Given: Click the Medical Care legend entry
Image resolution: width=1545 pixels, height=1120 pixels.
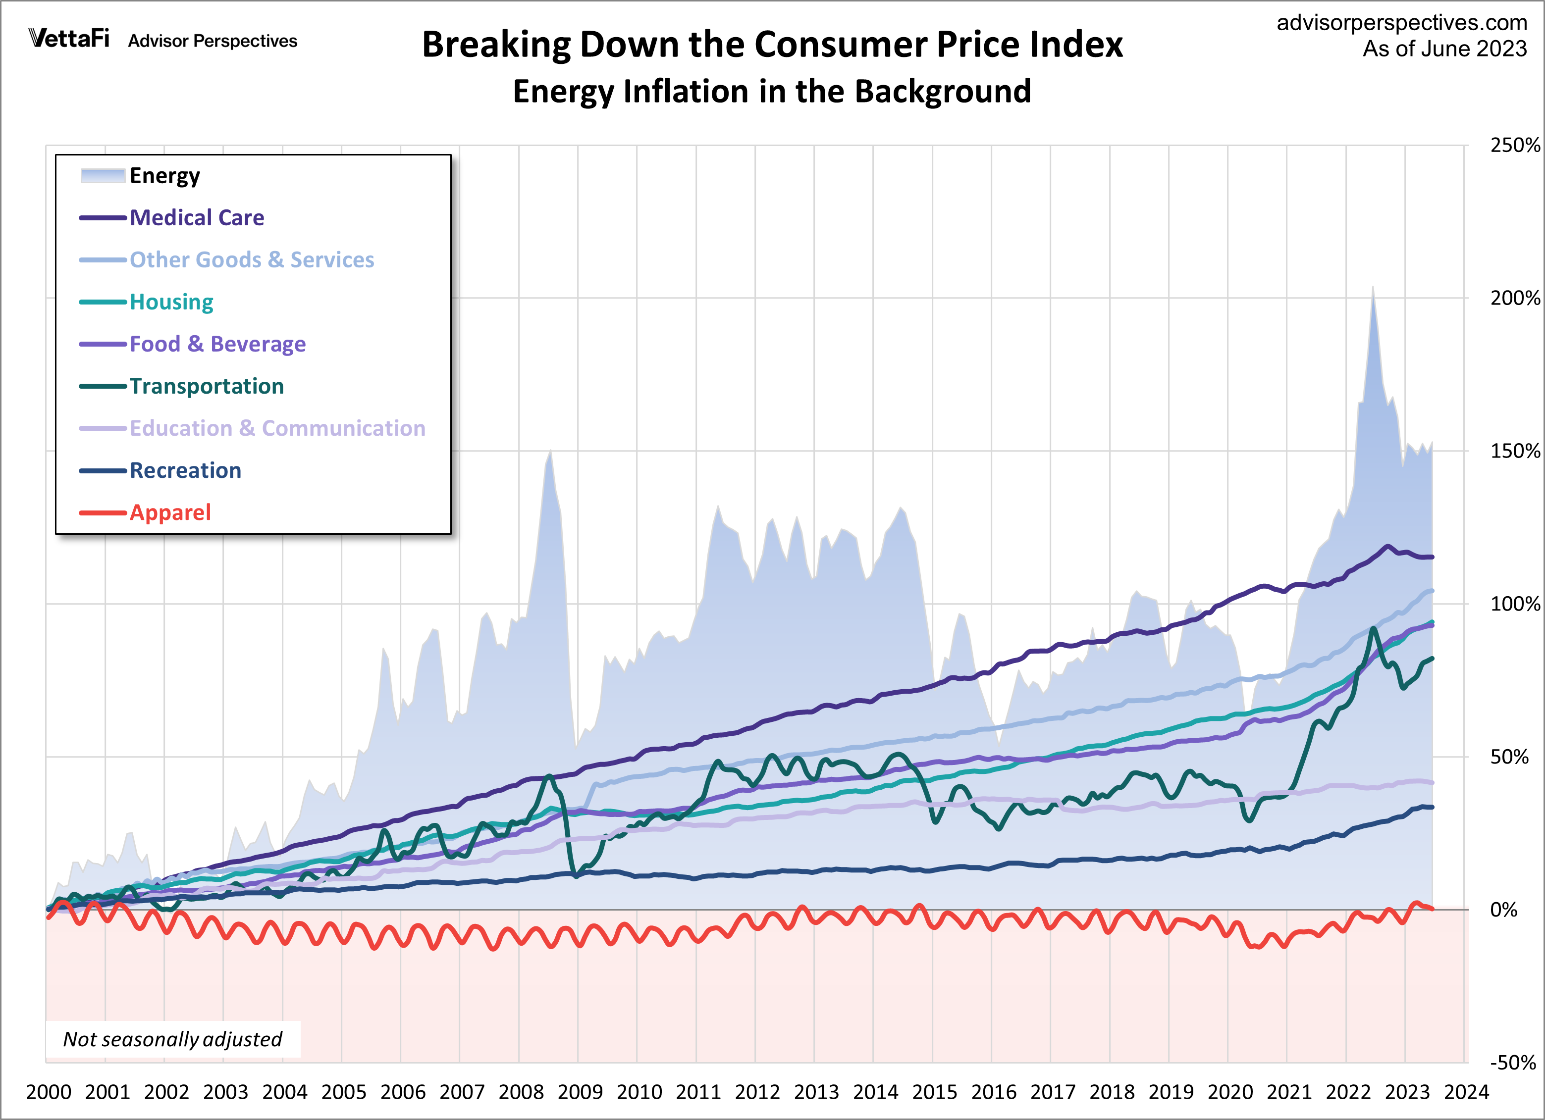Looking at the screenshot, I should click(x=196, y=218).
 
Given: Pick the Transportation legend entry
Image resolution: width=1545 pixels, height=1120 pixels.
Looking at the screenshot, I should click(x=207, y=386).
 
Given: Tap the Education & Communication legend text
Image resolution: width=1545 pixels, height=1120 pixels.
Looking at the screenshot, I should click(x=277, y=428).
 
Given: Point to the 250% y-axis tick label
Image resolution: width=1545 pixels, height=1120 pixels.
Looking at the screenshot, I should click(x=1514, y=145).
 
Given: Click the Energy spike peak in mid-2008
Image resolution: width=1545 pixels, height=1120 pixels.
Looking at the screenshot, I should click(x=550, y=452).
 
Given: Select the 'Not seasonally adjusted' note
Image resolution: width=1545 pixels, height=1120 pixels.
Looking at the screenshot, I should click(x=172, y=1039).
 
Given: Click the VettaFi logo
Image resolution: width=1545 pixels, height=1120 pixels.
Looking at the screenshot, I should click(x=69, y=38).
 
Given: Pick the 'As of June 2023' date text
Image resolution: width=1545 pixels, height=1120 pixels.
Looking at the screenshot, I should click(x=1444, y=49).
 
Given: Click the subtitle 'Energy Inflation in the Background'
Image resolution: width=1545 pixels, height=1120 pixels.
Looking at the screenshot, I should click(x=772, y=91).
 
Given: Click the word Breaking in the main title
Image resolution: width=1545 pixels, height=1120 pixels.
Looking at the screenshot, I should click(x=496, y=45).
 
